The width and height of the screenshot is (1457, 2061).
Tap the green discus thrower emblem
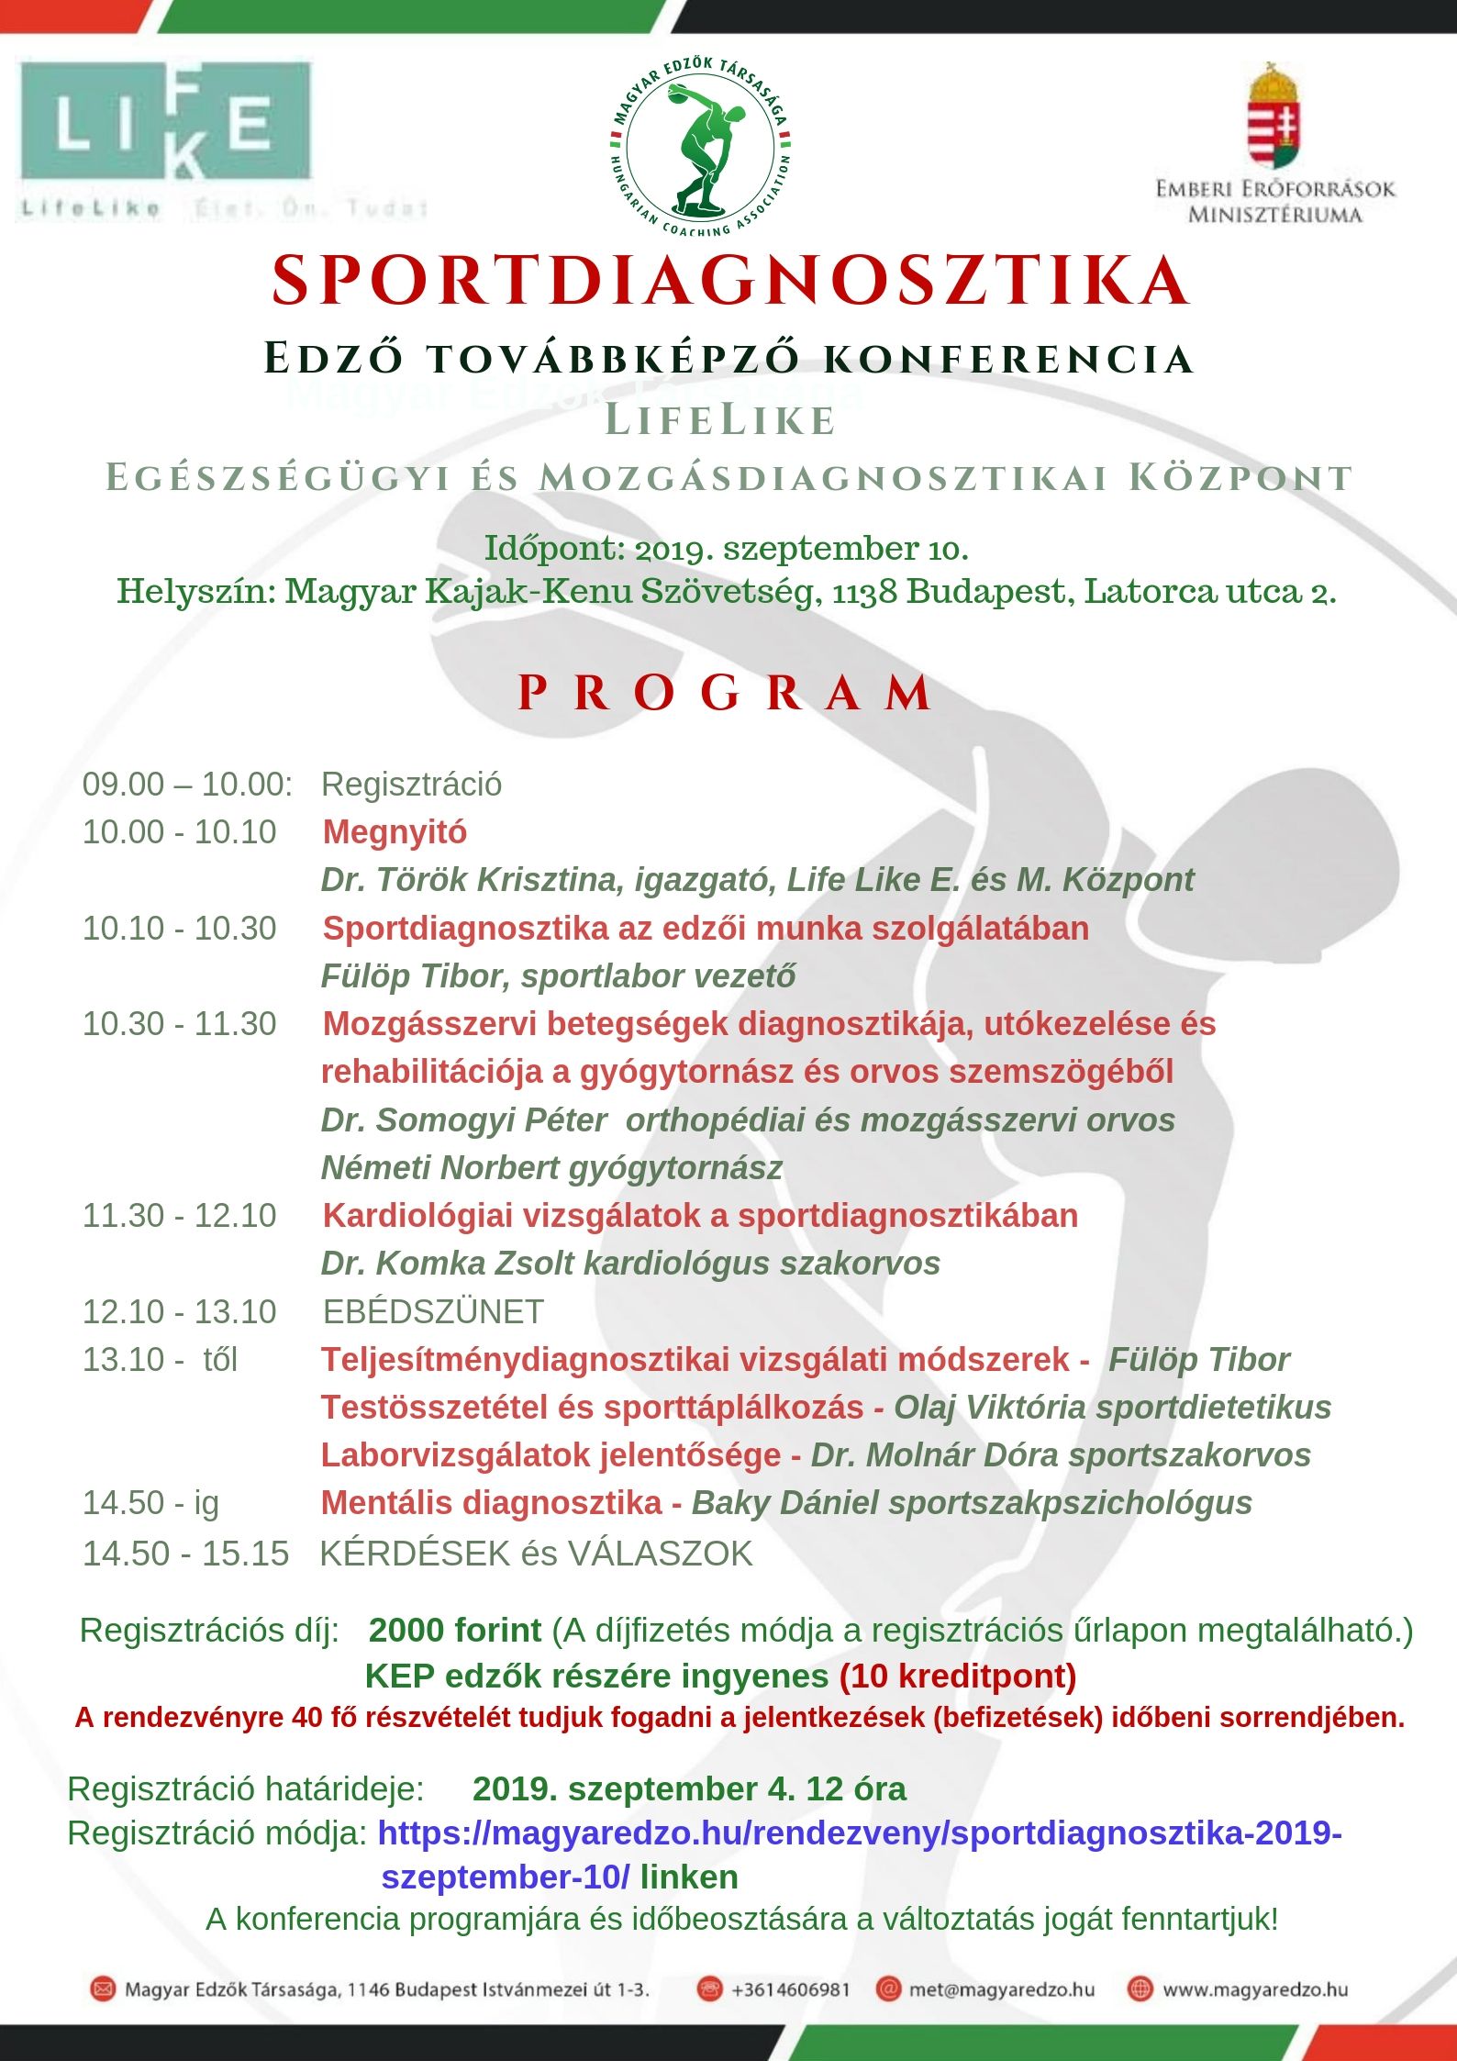click(x=701, y=145)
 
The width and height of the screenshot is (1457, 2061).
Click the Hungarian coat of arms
click(x=1274, y=116)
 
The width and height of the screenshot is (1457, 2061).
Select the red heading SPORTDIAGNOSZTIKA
click(x=730, y=280)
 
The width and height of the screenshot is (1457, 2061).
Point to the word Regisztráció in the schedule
click(x=411, y=785)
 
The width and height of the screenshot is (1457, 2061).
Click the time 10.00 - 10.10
click(x=179, y=832)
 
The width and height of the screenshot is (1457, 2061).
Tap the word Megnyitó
click(x=395, y=832)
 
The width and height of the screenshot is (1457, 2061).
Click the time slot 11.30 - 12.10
click(x=179, y=1216)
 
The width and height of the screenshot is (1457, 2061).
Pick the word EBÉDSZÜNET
click(x=433, y=1311)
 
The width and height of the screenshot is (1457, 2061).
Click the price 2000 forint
click(x=455, y=1631)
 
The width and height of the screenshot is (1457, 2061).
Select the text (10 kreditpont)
click(x=957, y=1676)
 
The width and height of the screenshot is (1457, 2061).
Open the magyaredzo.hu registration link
click(x=860, y=1833)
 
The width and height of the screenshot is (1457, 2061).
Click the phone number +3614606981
click(x=790, y=1989)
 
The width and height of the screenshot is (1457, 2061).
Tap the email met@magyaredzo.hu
click(x=1001, y=1989)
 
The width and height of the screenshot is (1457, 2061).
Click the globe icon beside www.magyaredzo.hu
click(x=1140, y=1989)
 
